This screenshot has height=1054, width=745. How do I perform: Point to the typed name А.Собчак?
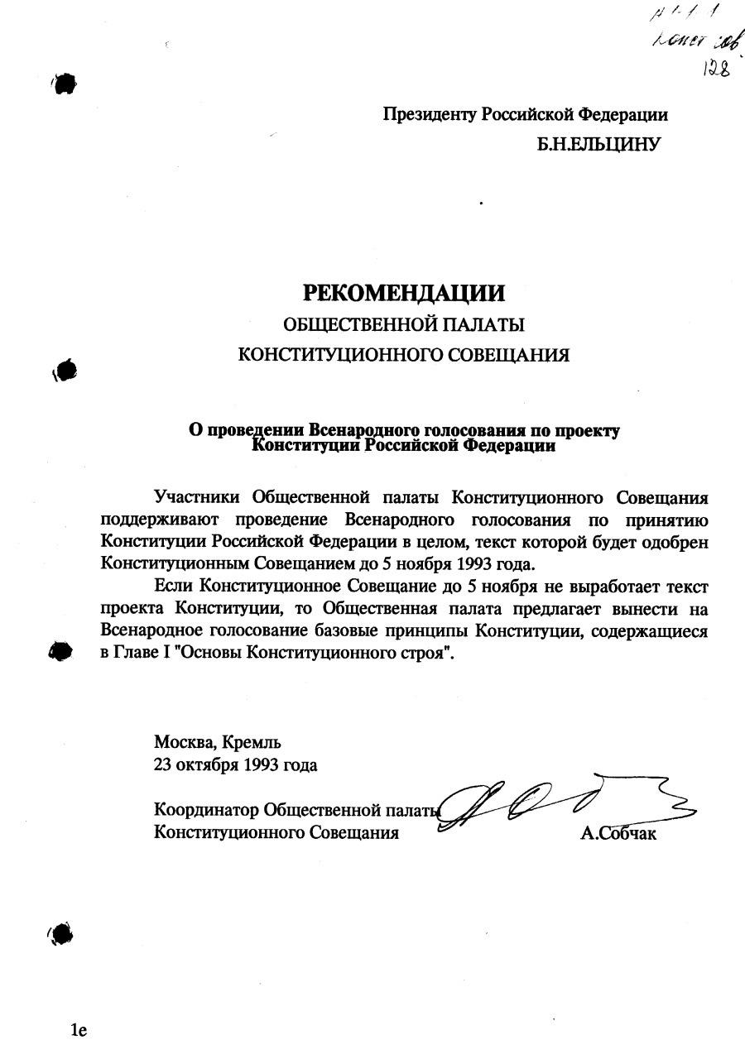(x=618, y=834)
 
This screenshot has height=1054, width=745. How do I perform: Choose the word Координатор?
(x=205, y=809)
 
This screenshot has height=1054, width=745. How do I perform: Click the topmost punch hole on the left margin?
(x=65, y=83)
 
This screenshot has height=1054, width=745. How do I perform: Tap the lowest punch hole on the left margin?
(x=63, y=934)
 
